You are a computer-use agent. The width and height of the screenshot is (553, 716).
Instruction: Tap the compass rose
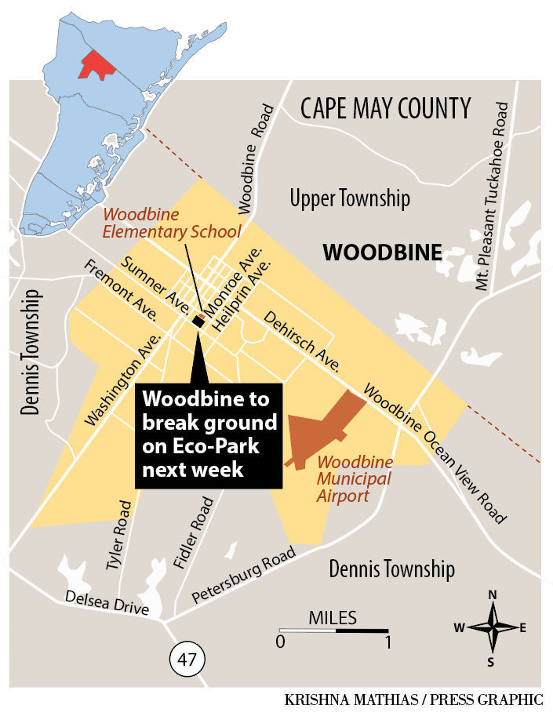tap(493, 627)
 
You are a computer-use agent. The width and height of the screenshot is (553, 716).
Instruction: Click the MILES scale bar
tap(333, 630)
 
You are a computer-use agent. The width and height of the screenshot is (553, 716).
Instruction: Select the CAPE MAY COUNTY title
tap(386, 107)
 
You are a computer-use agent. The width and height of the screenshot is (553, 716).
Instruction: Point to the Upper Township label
tap(350, 198)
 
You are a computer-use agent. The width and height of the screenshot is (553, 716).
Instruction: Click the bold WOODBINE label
tap(382, 253)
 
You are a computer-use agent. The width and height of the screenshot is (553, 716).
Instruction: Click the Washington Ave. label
tap(126, 378)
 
